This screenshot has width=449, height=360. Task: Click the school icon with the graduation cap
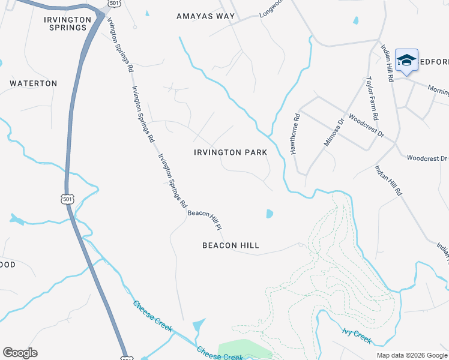(406, 61)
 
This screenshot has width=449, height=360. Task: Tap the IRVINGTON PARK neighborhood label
(231, 152)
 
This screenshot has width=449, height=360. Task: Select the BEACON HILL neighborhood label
(231, 245)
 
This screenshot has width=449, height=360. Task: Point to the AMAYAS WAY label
(205, 16)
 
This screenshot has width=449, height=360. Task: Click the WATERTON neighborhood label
(34, 83)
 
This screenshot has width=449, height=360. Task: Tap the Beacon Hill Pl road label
(205, 220)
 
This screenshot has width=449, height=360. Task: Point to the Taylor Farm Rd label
(373, 97)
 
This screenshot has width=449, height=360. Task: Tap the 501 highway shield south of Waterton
(67, 199)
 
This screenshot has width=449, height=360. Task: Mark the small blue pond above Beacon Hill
(270, 214)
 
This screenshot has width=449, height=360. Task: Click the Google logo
(20, 353)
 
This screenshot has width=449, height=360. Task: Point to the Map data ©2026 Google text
(412, 355)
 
